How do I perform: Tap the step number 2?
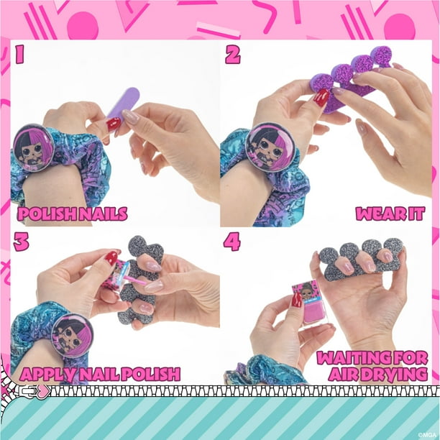(x=232, y=54)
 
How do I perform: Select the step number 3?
(x=22, y=242)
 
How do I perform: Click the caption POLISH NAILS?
(x=73, y=214)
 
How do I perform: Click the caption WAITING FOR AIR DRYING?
(x=376, y=366)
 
